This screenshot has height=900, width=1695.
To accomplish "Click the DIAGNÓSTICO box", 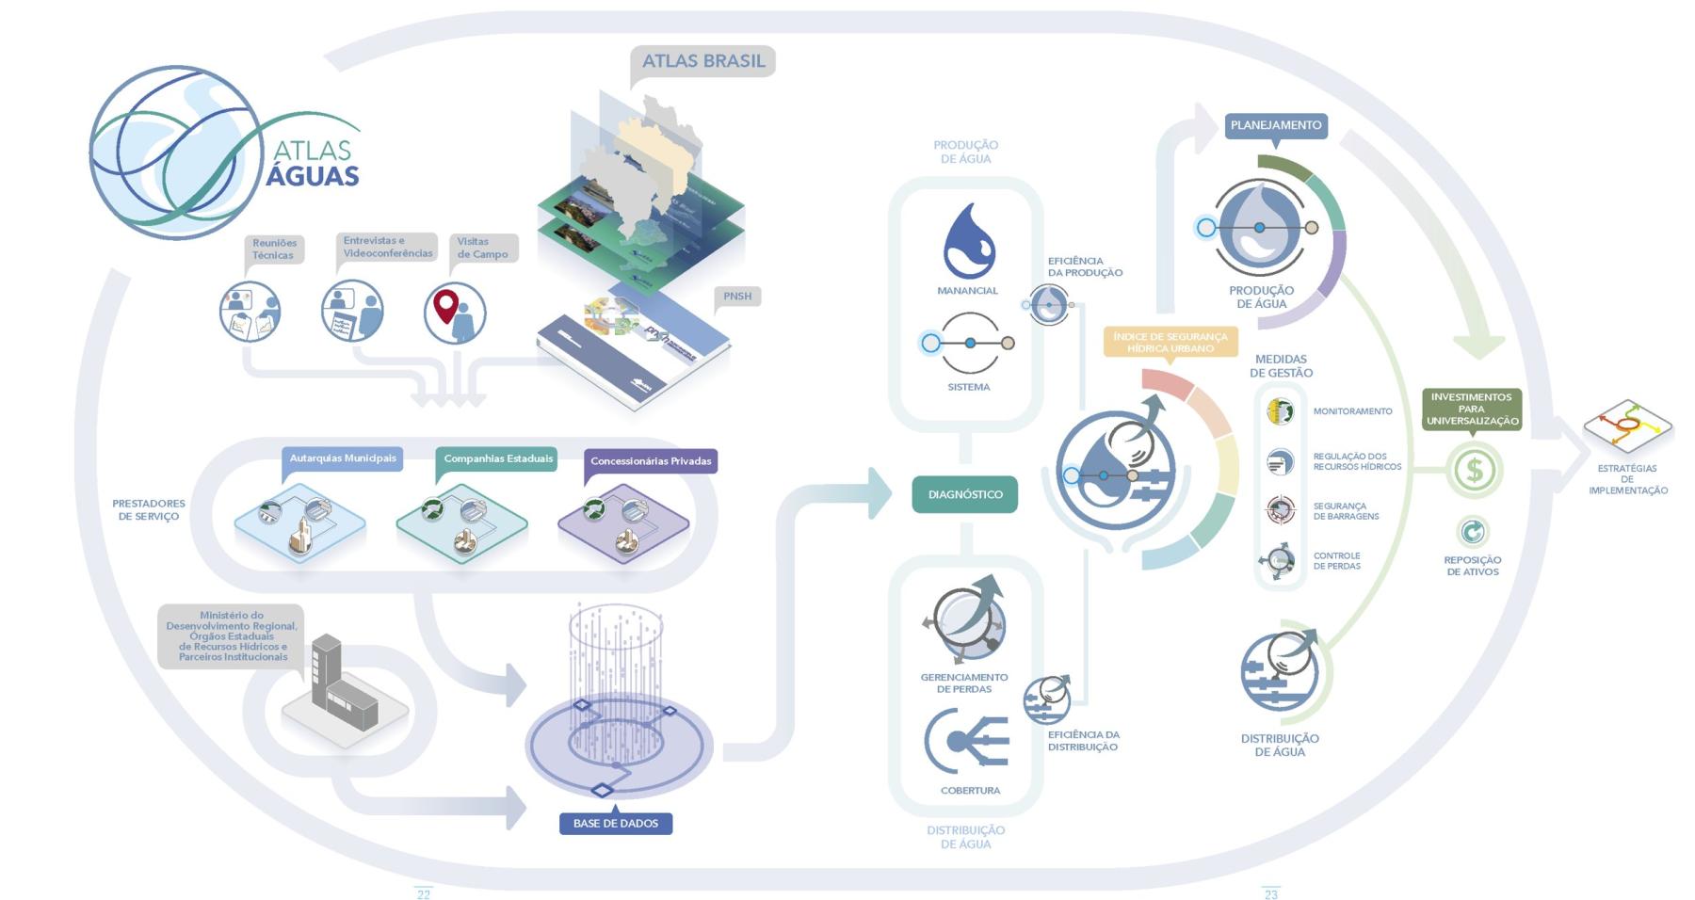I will (x=964, y=494).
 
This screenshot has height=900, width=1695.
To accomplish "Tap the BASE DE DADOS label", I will (x=616, y=824).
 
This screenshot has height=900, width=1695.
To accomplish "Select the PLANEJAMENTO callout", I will (x=1276, y=125).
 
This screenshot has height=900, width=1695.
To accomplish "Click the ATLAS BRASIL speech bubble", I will (x=702, y=61).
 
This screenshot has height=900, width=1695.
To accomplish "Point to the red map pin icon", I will (x=446, y=306).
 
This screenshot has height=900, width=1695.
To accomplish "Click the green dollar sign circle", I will (x=1474, y=471).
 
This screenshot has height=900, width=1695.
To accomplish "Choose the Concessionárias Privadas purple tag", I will (x=651, y=461).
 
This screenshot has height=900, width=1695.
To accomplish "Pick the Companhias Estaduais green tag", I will (x=498, y=458).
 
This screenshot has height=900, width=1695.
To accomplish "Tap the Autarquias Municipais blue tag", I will (x=343, y=458).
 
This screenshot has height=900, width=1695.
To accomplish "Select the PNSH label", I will (x=737, y=297).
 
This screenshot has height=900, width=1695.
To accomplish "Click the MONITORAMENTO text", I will (x=1352, y=411).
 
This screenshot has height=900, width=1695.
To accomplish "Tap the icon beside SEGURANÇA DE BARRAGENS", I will (x=1280, y=510).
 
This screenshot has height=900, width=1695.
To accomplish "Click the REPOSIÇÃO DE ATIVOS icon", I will (x=1472, y=532).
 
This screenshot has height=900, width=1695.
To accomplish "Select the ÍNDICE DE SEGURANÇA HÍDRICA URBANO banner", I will (x=1170, y=342).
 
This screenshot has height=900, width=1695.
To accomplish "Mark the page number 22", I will (x=424, y=894).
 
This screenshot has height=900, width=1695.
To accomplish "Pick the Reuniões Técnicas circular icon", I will (x=250, y=312).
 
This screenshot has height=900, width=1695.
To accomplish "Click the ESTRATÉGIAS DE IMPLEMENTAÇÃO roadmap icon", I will (x=1627, y=426).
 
